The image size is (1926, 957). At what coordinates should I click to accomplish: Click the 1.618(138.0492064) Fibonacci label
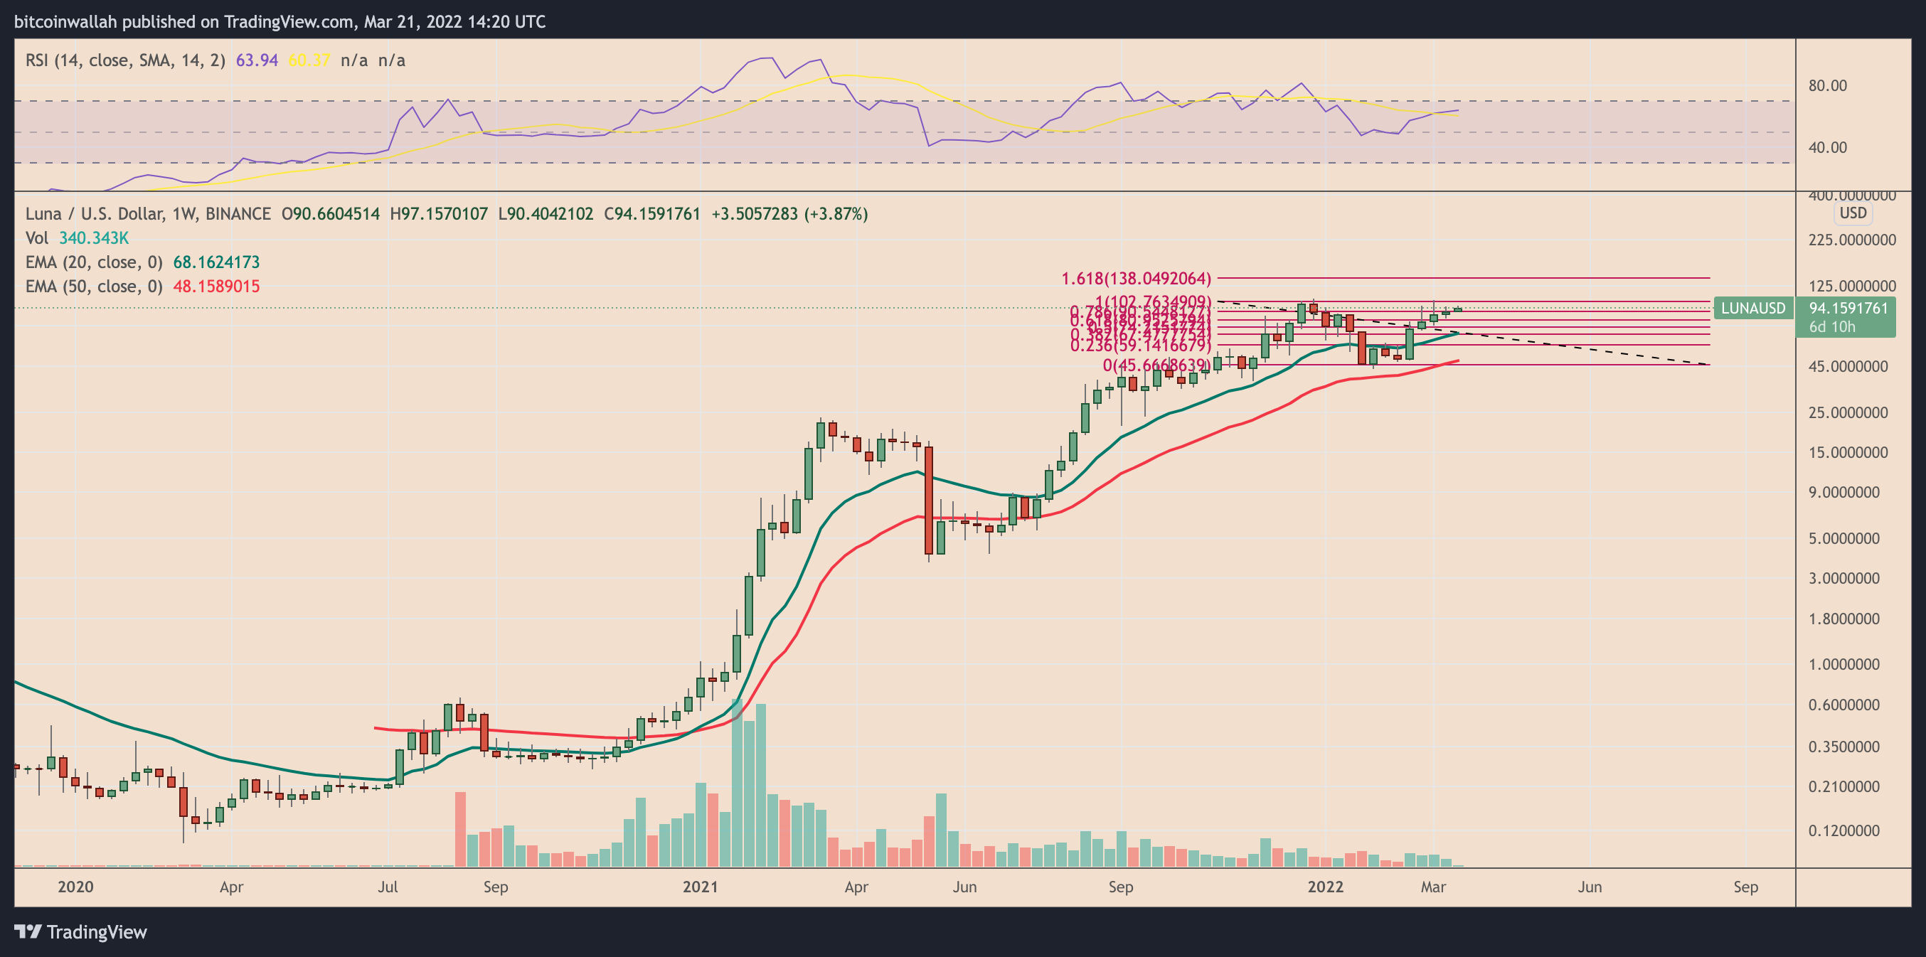coord(1136,279)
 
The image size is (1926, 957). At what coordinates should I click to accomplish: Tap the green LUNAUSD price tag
coord(1752,308)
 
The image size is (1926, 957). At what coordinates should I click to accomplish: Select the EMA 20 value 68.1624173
coord(216,262)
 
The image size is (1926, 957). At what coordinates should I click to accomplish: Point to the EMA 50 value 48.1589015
coord(216,287)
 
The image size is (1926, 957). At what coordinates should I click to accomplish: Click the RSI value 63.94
coord(257,60)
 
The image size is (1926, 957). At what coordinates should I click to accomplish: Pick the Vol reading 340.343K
coord(93,237)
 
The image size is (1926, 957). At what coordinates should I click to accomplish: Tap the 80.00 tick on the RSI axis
coord(1827,86)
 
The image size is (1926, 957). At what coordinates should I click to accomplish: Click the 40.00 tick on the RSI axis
coord(1827,147)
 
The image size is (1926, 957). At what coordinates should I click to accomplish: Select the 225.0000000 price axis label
coord(1851,240)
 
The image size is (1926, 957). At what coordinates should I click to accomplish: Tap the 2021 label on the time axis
coord(700,887)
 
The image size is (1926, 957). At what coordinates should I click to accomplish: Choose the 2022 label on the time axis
coord(1325,887)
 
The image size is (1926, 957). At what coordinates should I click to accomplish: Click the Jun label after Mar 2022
coord(1590,887)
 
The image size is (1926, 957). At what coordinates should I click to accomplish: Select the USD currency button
coord(1853,213)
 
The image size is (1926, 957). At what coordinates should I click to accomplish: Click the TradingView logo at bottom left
coord(81,932)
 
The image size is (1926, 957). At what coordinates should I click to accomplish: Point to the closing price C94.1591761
coord(652,215)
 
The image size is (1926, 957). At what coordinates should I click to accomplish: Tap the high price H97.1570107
coord(439,215)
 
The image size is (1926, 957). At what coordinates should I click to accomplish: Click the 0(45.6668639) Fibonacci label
coord(1156,365)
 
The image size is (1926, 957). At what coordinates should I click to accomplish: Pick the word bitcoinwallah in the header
coord(65,21)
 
